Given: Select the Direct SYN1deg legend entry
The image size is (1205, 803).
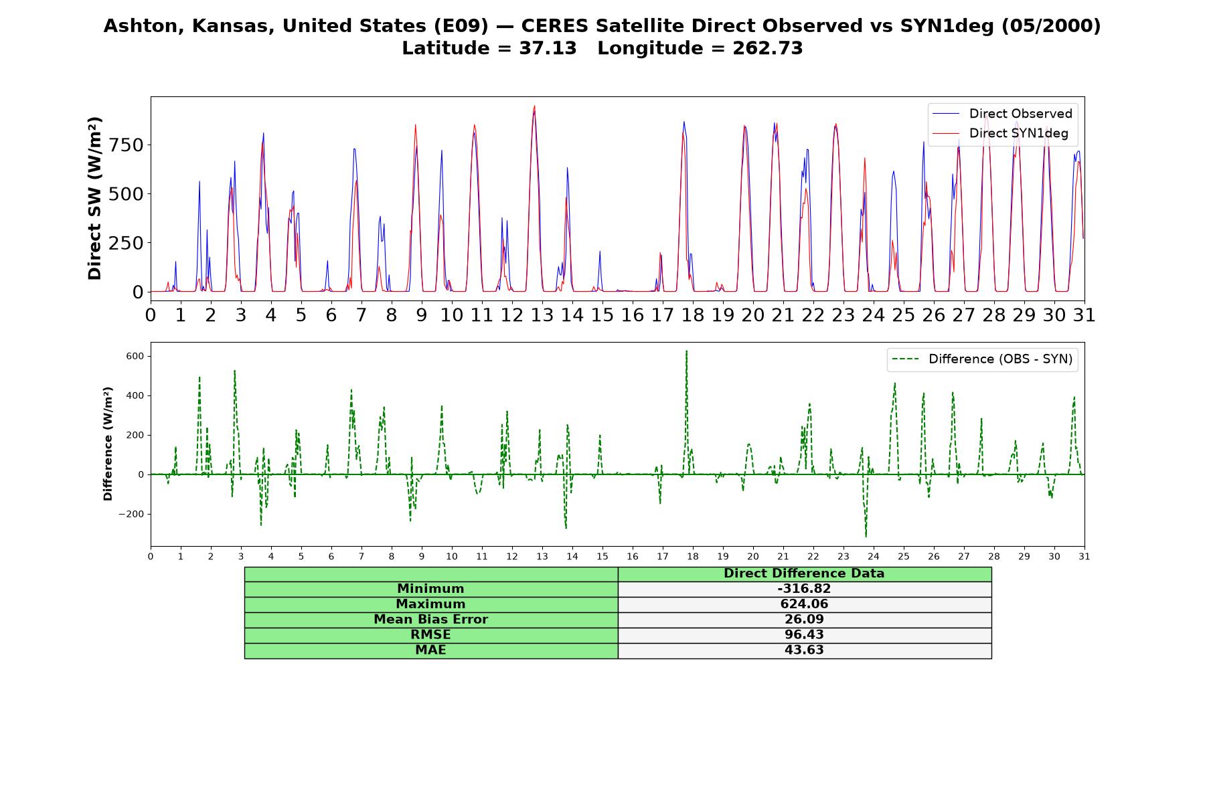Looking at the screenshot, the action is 1001,133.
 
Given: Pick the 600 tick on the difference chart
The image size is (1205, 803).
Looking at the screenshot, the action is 135,356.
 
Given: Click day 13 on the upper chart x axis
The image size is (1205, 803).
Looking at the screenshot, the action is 542,315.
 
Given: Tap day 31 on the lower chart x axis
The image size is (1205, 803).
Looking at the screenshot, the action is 1084,556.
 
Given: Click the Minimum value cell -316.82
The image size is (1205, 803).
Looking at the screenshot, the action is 804,589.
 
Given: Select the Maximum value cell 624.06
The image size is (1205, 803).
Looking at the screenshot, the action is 804,604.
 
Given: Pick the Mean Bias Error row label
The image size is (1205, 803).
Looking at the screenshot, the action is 430,620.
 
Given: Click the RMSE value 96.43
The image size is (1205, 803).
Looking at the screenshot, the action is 804,635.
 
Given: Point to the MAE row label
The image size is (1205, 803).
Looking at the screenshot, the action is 430,650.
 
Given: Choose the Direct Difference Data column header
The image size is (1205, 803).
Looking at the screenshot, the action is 804,573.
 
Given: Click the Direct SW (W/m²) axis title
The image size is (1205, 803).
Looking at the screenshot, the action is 94,199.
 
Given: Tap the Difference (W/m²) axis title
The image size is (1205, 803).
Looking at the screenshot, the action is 108,444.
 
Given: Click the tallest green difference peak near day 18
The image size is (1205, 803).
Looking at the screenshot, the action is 686,351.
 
